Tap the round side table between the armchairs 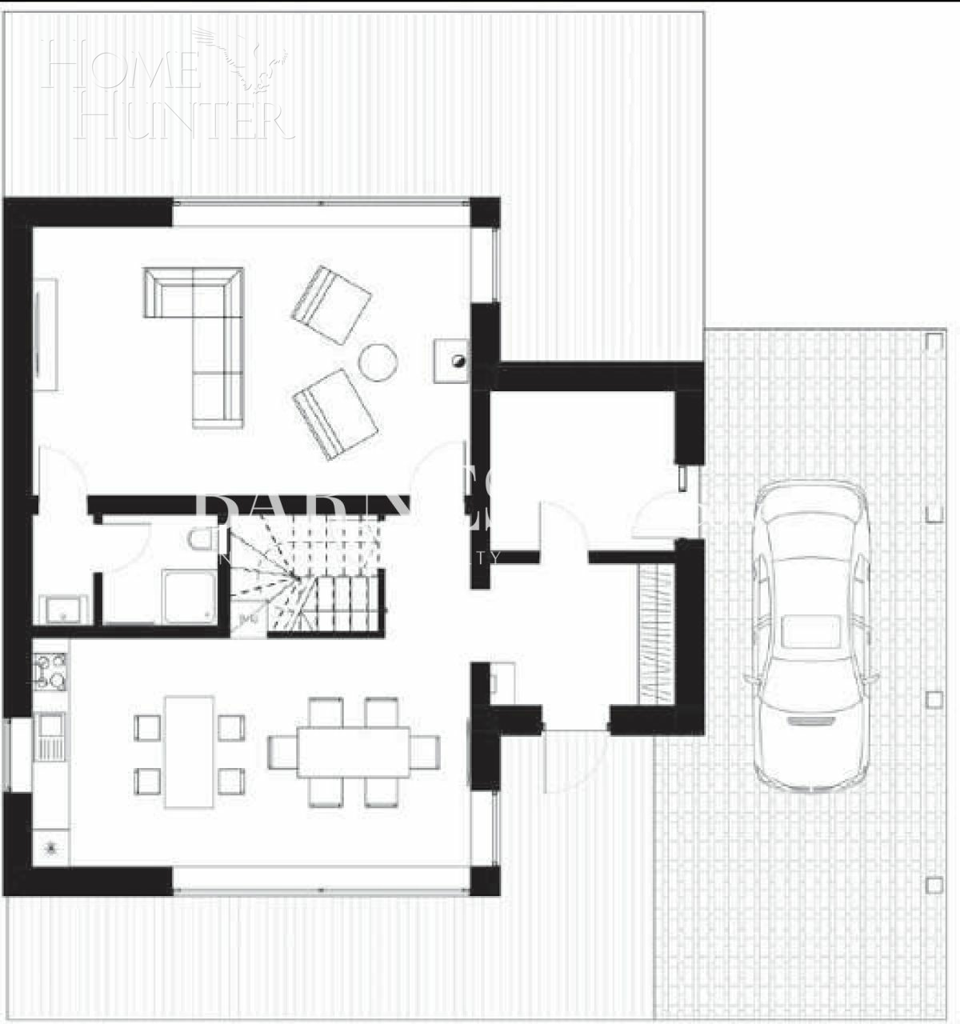377,362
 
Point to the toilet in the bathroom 200,542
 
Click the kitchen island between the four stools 190,752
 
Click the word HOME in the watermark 120,68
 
